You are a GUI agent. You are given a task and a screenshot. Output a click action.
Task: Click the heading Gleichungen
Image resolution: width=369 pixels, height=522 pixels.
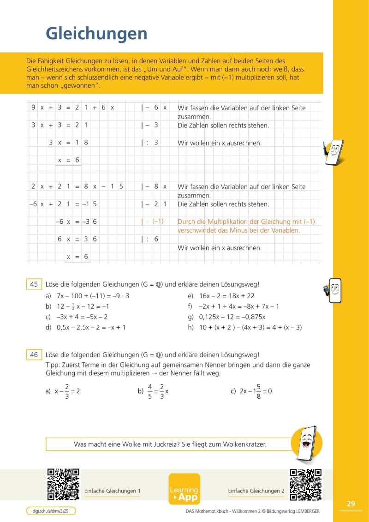point(96,33)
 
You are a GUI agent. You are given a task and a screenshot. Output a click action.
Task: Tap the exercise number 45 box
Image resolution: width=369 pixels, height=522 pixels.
point(34,285)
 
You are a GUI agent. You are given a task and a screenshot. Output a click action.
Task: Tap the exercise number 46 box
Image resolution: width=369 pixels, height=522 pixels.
point(34,355)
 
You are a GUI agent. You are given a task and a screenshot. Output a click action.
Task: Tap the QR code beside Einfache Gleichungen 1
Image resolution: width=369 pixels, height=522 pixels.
point(64,485)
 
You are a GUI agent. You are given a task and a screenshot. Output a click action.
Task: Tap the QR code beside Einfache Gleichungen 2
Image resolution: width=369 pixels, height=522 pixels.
point(305,485)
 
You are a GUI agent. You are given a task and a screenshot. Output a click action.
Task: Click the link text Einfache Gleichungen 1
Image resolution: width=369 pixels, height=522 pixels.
point(113,491)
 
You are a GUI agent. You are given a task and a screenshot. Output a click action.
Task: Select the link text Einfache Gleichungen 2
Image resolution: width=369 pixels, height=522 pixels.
point(256,491)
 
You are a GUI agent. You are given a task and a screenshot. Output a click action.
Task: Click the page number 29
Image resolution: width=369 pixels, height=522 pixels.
point(351,504)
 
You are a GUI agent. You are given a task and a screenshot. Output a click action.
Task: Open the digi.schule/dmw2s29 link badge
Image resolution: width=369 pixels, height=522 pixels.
point(51,511)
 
